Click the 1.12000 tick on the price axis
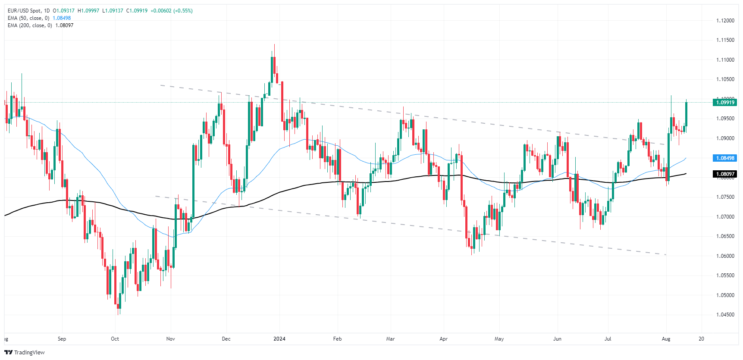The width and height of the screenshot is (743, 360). (x=725, y=21)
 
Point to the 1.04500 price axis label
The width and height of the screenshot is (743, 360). (x=725, y=315)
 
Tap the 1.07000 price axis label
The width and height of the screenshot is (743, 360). (x=725, y=217)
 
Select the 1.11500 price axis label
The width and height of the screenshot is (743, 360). (x=725, y=40)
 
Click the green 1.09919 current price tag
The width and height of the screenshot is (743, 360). (x=725, y=103)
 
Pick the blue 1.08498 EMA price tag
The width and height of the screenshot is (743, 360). (x=725, y=158)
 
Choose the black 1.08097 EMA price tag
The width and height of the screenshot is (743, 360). (x=725, y=174)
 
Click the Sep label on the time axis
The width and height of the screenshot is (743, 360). (x=62, y=339)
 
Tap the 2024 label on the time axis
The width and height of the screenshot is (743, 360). (x=279, y=339)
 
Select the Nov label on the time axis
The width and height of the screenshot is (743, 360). (x=171, y=339)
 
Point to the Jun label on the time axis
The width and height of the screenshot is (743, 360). (x=558, y=339)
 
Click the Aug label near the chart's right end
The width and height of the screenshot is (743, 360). (x=666, y=339)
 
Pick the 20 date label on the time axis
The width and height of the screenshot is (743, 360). (x=702, y=339)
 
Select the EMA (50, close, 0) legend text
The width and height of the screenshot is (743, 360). (x=28, y=18)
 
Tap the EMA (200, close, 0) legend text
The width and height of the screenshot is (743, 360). (x=30, y=25)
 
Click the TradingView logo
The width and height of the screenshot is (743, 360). (x=25, y=352)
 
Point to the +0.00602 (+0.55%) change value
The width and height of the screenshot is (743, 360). (x=171, y=11)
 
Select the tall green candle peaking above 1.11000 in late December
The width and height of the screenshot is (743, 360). (x=272, y=69)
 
